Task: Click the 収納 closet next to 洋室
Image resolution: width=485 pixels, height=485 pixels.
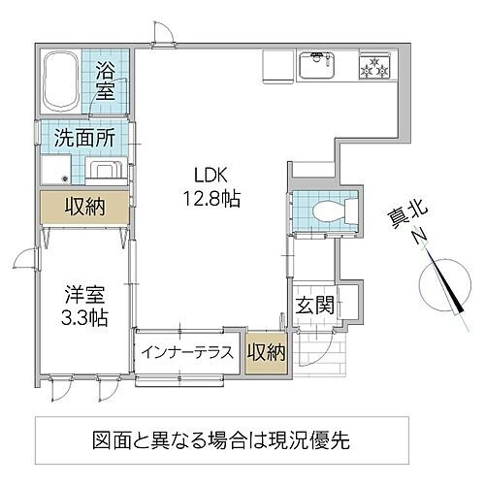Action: (81, 208)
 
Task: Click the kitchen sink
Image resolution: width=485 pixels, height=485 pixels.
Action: (319, 68)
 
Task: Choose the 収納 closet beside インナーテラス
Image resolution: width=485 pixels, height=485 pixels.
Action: (266, 352)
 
